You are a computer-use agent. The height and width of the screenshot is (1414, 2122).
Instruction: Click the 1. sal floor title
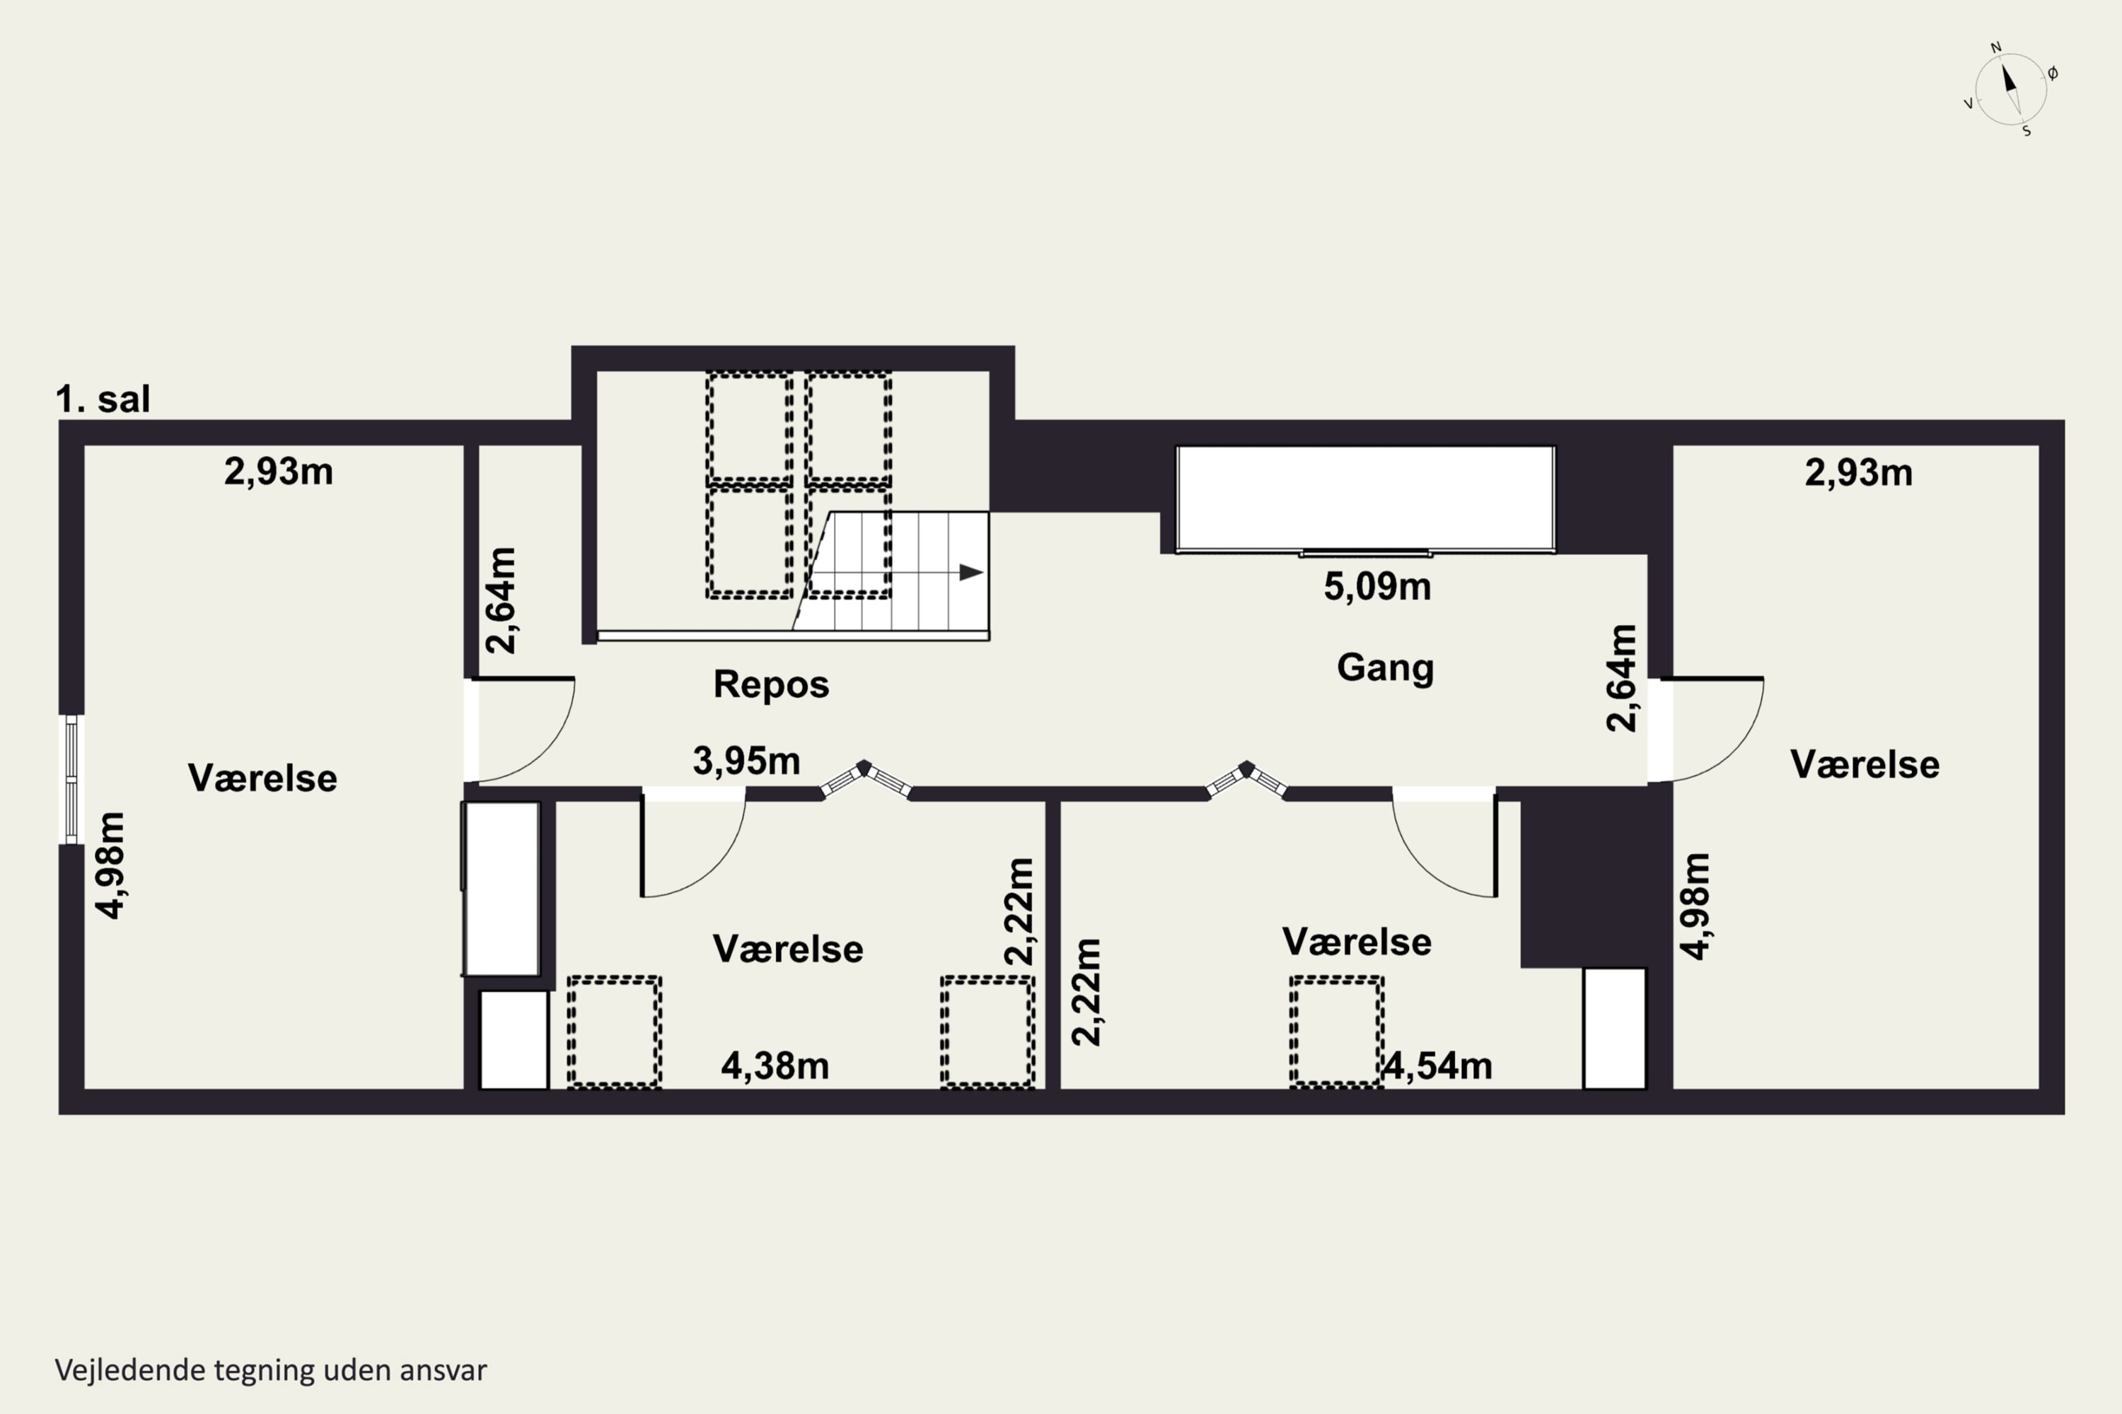click(103, 399)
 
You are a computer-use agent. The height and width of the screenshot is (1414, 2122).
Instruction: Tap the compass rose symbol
click(2010, 89)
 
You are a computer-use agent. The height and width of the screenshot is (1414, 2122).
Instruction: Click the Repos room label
click(772, 684)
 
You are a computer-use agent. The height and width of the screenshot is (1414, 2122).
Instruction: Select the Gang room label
click(1385, 668)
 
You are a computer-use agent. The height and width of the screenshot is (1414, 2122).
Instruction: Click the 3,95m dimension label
click(746, 761)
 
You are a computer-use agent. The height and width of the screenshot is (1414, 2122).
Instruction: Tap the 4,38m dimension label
click(775, 1066)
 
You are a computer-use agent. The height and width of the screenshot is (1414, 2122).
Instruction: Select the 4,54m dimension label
click(1438, 1066)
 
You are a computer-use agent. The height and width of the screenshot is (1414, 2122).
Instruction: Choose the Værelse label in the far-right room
click(1865, 765)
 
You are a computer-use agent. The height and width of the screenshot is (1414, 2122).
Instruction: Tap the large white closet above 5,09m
click(1366, 498)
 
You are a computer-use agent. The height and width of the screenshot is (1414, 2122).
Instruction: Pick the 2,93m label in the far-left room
click(279, 472)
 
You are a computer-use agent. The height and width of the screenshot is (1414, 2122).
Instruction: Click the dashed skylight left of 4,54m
click(1336, 1032)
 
